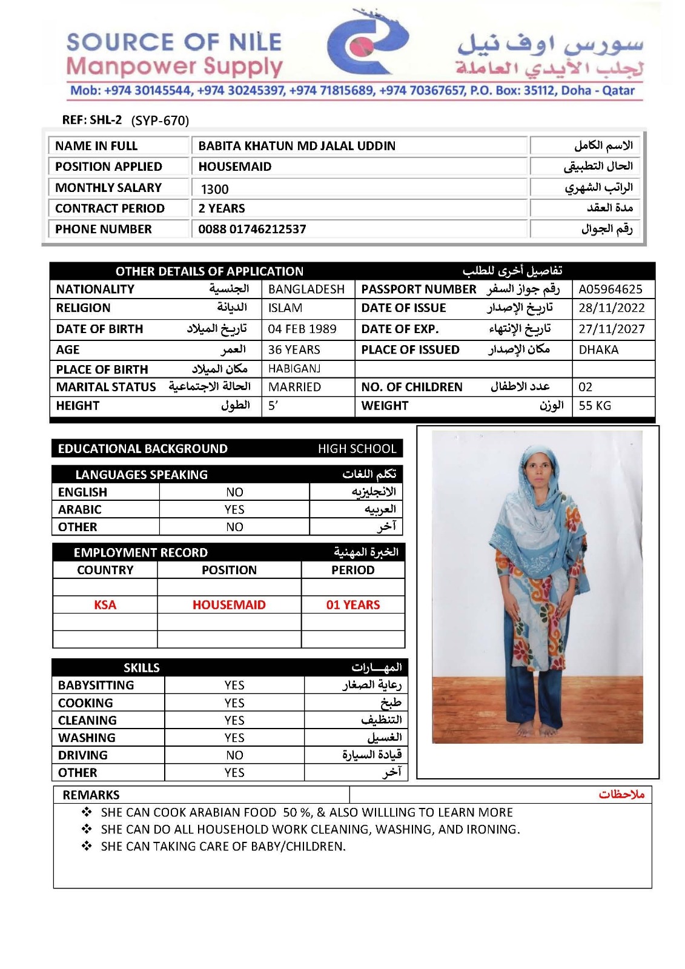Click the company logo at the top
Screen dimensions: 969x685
(x=367, y=42)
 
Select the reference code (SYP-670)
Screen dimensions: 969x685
(x=160, y=121)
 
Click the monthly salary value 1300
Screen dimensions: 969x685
(x=214, y=189)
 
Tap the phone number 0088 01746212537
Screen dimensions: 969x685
(x=252, y=229)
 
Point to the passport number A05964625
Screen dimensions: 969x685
(x=610, y=289)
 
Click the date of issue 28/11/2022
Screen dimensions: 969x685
(x=611, y=308)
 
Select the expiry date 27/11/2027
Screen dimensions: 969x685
(x=611, y=329)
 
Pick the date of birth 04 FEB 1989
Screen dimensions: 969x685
(x=302, y=329)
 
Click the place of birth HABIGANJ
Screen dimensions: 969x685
(x=294, y=368)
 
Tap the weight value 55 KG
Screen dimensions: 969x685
(x=594, y=406)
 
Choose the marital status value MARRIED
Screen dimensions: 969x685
(x=294, y=387)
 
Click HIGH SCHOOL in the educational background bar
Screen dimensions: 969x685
(x=357, y=449)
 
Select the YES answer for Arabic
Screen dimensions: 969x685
(x=234, y=509)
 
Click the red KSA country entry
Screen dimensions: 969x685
(x=105, y=604)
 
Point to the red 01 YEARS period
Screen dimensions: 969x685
(x=353, y=604)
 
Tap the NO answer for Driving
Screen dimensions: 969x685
(x=234, y=755)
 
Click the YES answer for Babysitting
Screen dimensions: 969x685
(x=234, y=685)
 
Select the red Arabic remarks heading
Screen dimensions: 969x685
(x=621, y=795)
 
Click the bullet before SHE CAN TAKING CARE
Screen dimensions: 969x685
(x=87, y=846)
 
